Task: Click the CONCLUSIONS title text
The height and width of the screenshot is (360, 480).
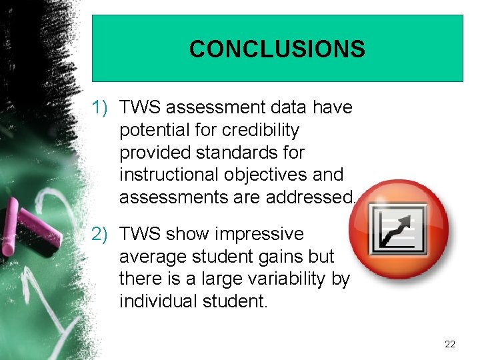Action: (277, 49)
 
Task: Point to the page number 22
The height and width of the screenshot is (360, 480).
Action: (449, 343)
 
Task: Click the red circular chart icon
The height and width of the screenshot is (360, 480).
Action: (399, 228)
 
